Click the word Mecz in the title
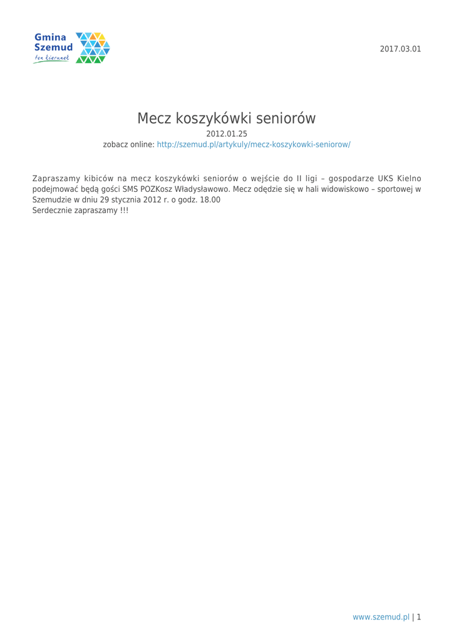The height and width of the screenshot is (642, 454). pyautogui.click(x=155, y=118)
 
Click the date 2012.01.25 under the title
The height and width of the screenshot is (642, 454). pyautogui.click(x=227, y=133)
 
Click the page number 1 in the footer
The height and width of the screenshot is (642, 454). pyautogui.click(x=418, y=617)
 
